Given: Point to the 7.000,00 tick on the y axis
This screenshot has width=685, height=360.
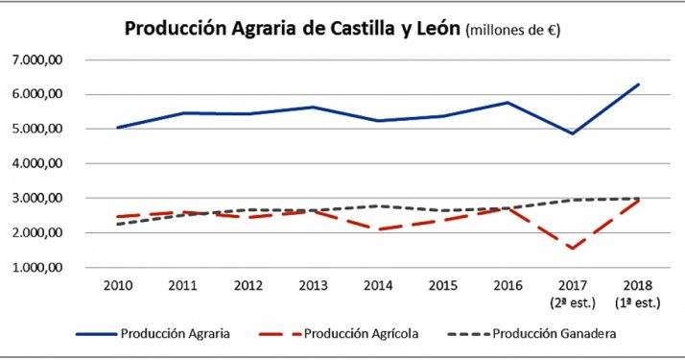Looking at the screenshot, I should (x=37, y=60).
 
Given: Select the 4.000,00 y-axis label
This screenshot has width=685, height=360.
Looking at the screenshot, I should (x=37, y=163).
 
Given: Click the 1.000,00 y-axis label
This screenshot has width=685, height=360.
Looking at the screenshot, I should (x=37, y=268).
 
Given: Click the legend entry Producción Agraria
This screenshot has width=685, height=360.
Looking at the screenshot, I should (x=175, y=334).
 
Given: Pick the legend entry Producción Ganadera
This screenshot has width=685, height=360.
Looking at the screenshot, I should (x=554, y=334).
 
